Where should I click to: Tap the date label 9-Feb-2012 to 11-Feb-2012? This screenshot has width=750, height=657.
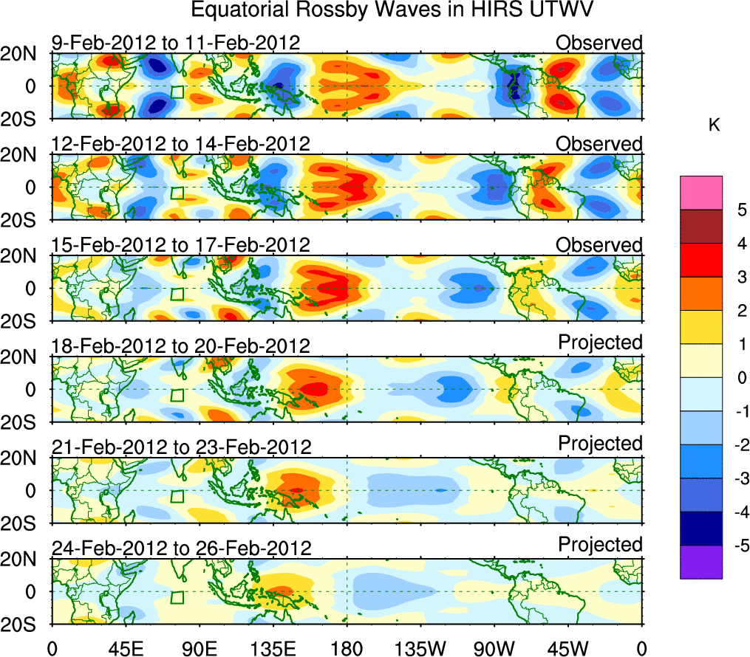coord(176,43)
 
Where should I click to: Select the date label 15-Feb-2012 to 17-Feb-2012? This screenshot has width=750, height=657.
coord(181,245)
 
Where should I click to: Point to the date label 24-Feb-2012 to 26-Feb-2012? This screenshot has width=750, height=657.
coord(181,548)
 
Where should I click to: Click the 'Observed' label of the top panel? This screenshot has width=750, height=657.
coord(599,43)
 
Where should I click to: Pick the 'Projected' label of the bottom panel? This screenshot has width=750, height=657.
coord(600,545)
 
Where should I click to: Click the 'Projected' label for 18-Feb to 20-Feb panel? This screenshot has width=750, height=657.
coord(600,343)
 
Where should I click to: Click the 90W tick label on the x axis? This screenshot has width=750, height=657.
coord(494,649)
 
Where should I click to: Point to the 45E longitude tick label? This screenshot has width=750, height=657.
coord(125,649)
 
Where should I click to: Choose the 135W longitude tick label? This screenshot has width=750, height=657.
coord(420,649)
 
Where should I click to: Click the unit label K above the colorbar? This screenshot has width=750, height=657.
coord(714,126)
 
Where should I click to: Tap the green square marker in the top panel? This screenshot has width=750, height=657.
coord(177,92)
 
